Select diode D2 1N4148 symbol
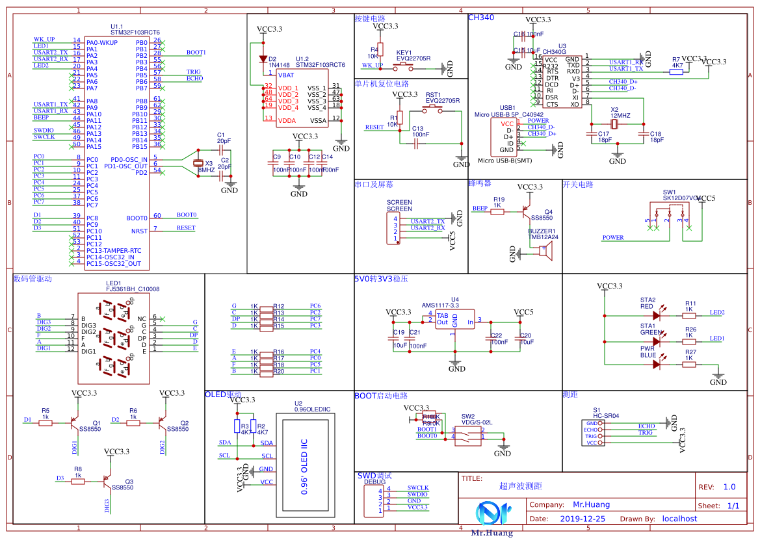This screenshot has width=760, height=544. (263, 59)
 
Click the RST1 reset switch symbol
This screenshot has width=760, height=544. (434, 110)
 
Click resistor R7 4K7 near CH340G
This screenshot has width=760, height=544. (677, 71)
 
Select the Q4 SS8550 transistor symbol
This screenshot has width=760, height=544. (525, 212)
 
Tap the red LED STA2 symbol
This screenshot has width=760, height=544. (656, 316)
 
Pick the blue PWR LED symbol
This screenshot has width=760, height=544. (656, 365)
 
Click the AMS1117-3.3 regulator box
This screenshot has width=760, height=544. (454, 320)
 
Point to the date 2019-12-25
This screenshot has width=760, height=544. (582, 519)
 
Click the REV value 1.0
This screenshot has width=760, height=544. (729, 487)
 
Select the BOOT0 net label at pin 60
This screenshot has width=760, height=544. (186, 215)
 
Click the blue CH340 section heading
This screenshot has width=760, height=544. (481, 18)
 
